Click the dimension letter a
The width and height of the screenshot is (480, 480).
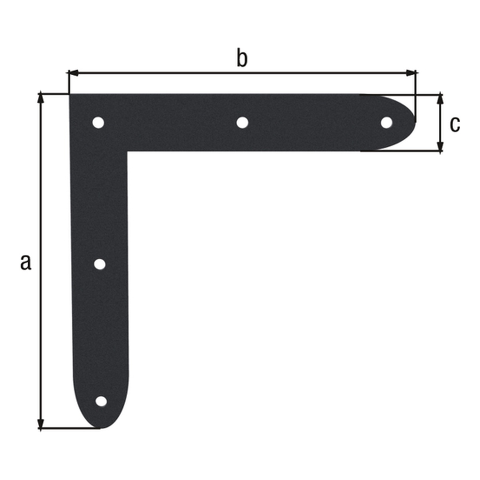tap(26, 262)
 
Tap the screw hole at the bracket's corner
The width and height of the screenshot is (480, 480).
tap(98, 122)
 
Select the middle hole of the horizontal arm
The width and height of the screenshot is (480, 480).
tap(242, 122)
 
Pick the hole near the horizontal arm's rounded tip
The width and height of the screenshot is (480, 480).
tap(386, 122)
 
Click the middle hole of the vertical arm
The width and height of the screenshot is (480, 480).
tap(100, 264)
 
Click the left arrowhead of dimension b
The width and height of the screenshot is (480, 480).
tap(73, 73)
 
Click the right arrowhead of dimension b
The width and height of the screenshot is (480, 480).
tap(411, 73)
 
